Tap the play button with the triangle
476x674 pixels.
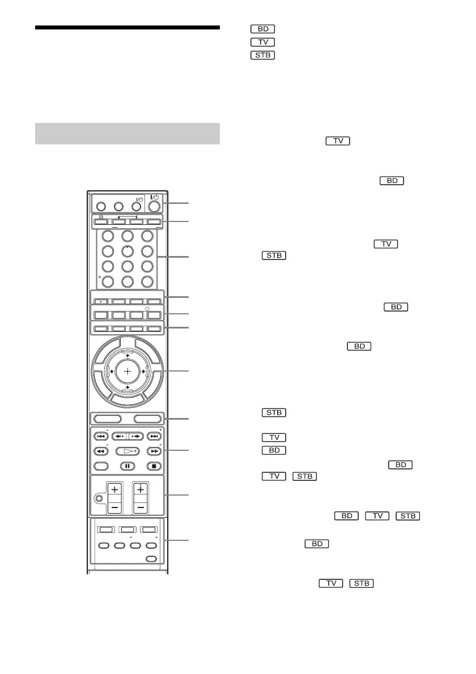127,452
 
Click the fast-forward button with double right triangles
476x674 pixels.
154,452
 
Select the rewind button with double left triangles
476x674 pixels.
101,452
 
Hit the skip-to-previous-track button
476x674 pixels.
101,437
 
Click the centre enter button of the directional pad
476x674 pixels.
127,372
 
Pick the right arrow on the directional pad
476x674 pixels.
144,372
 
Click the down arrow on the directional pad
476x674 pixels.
127,387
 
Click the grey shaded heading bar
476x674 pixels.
127,134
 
